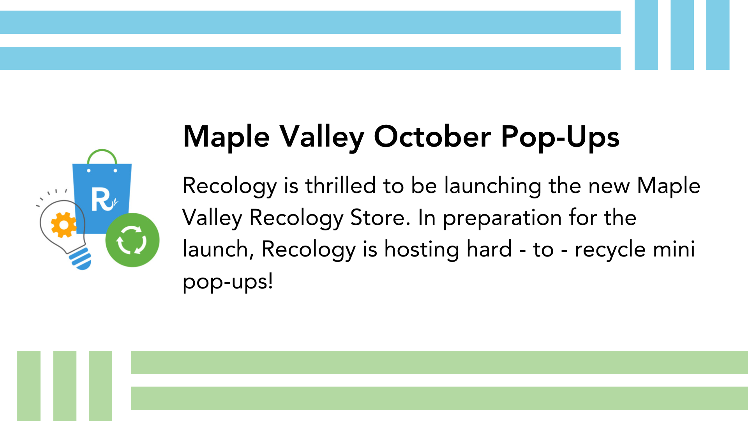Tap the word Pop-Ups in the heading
click(560, 137)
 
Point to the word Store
click(380, 218)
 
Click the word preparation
click(502, 218)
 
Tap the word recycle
click(610, 250)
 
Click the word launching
click(493, 186)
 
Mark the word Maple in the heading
click(226, 137)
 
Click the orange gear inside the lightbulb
click(64, 225)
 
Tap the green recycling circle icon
click(132, 240)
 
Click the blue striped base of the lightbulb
click(81, 258)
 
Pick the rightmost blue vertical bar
click(718, 35)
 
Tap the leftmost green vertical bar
click(29, 386)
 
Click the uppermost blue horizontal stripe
click(310, 22)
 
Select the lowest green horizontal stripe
click(439, 398)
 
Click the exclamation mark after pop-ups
click(270, 281)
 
